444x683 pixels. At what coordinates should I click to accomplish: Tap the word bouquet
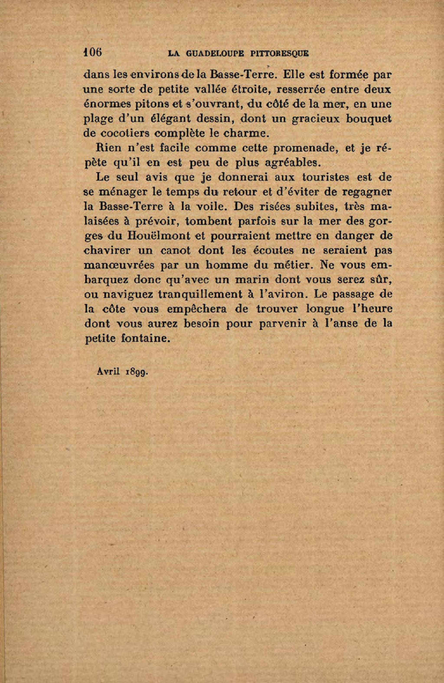369,119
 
